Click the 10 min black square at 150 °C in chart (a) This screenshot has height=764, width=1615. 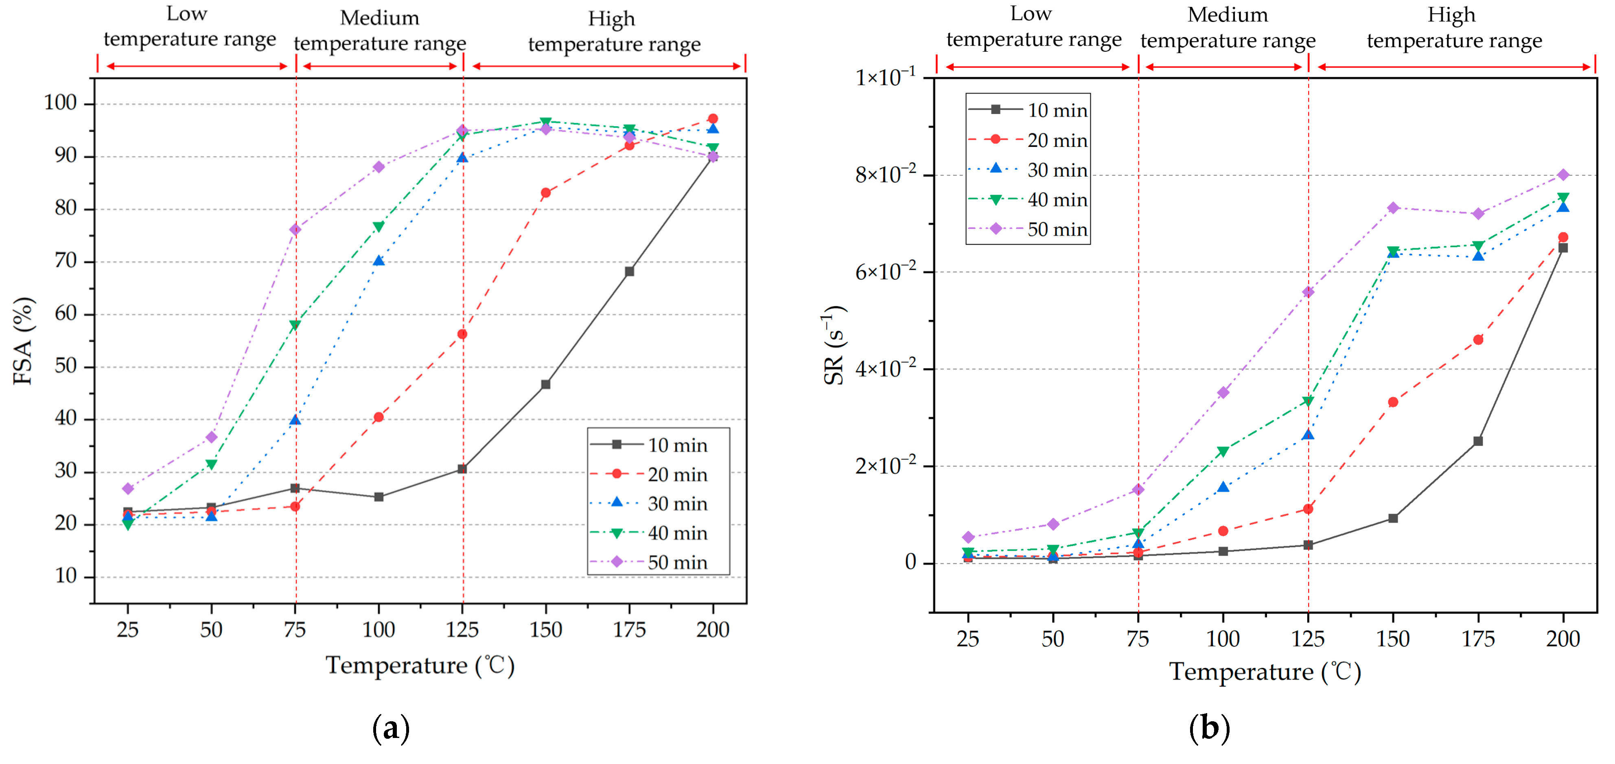[545, 384]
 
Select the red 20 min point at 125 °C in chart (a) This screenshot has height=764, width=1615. [462, 334]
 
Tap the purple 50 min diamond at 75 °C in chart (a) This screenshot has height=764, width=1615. [295, 230]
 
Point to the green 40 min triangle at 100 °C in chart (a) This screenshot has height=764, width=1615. [379, 227]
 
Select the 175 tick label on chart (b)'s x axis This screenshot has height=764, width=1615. [1478, 639]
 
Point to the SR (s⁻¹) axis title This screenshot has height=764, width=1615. [834, 345]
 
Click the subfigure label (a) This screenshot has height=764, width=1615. [391, 728]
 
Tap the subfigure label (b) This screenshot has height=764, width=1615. [1209, 728]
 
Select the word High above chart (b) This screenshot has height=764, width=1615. [1451, 15]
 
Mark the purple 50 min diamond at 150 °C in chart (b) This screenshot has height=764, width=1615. [1393, 208]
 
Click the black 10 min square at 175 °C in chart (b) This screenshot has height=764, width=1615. [1478, 441]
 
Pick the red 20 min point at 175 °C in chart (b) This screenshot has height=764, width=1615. [1478, 340]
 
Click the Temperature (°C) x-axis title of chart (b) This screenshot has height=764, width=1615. [1265, 672]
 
